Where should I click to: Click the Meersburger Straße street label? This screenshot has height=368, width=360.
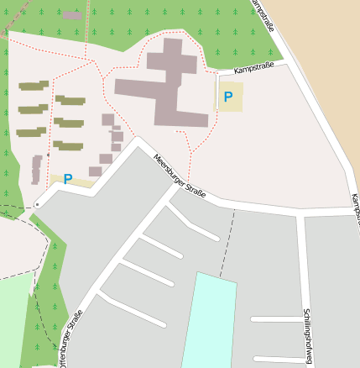point(184,175)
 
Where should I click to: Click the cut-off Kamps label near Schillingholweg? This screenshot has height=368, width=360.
point(355,209)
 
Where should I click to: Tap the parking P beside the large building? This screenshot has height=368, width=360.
point(228,97)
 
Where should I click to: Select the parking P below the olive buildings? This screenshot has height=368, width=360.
point(68,179)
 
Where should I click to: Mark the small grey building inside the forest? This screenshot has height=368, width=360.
point(73,15)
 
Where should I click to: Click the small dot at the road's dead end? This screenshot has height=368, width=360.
point(37,203)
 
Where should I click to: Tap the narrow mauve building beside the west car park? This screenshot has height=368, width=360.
point(37,169)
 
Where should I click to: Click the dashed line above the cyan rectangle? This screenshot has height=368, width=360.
point(228,243)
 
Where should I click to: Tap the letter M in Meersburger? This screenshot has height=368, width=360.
point(156,157)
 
